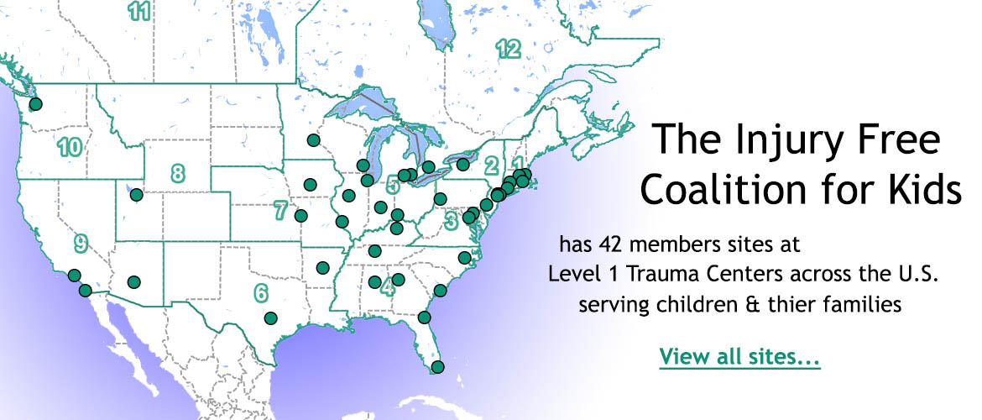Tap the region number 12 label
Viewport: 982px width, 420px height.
(507, 49)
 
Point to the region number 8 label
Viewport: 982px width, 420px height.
(177, 174)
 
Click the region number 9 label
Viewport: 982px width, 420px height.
(81, 244)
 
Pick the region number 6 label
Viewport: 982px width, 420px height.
(261, 293)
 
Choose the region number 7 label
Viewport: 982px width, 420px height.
(281, 210)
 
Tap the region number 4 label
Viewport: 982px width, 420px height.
(387, 289)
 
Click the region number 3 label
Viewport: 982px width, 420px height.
(451, 220)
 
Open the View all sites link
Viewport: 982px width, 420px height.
(739, 356)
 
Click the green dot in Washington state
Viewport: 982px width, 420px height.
(35, 104)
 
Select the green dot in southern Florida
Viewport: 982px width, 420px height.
(437, 367)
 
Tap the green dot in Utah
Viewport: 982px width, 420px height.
(136, 196)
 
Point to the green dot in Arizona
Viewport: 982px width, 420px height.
(133, 281)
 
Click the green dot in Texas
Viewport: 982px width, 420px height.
(270, 318)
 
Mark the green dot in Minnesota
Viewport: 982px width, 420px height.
(313, 139)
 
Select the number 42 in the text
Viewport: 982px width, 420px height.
(611, 244)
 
